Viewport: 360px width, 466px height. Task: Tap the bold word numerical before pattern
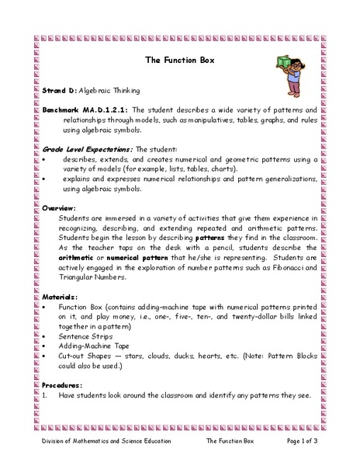click(x=129, y=258)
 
